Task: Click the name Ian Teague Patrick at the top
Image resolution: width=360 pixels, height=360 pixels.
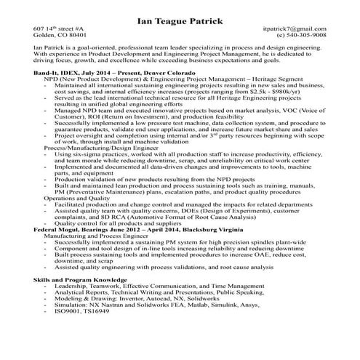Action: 180,23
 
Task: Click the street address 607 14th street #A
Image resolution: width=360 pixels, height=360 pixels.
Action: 60,35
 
